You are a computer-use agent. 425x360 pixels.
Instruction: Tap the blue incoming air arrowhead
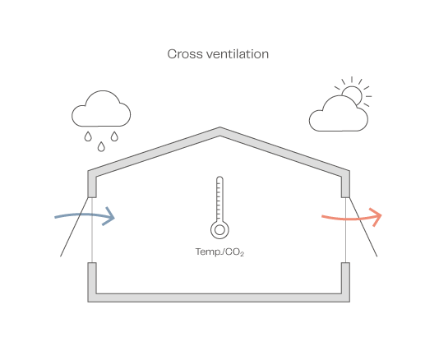[x=109, y=216]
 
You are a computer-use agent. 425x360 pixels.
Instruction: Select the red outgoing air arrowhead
[x=376, y=217]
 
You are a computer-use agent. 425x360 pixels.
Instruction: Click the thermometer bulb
[x=219, y=230]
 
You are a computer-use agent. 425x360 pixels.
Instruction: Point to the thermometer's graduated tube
[x=219, y=199]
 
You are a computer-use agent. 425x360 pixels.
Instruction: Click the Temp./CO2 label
[x=219, y=252]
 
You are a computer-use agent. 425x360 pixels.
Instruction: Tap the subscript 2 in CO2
[x=242, y=255]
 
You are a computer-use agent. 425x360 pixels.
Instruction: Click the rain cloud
[x=101, y=108]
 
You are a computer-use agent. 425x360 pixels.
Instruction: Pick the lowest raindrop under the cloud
[x=101, y=147]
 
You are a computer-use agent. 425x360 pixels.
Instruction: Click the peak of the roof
[x=219, y=127]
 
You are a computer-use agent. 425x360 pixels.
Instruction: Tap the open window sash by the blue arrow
[x=75, y=227]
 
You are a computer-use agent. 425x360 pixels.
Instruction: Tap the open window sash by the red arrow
[x=363, y=227]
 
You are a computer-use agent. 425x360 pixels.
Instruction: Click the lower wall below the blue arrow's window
[x=92, y=278]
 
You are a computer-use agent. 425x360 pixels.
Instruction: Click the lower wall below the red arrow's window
[x=345, y=278]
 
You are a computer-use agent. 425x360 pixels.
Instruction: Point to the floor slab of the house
[x=219, y=298]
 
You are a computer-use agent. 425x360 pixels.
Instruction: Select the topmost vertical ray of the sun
[x=352, y=80]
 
